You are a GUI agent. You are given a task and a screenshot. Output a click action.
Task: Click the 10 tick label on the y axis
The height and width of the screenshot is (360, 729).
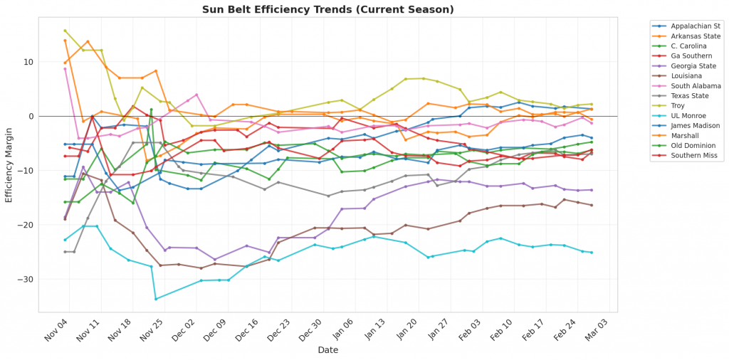point(30,62)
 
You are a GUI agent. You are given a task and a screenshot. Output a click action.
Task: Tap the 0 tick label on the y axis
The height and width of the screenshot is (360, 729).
point(32,116)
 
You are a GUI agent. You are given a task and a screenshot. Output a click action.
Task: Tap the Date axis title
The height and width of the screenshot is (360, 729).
point(327,350)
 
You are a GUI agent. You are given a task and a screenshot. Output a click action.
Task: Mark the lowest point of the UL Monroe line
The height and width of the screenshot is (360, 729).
point(156,299)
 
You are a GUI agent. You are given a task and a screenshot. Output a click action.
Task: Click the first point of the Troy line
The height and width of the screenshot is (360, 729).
point(65,31)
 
